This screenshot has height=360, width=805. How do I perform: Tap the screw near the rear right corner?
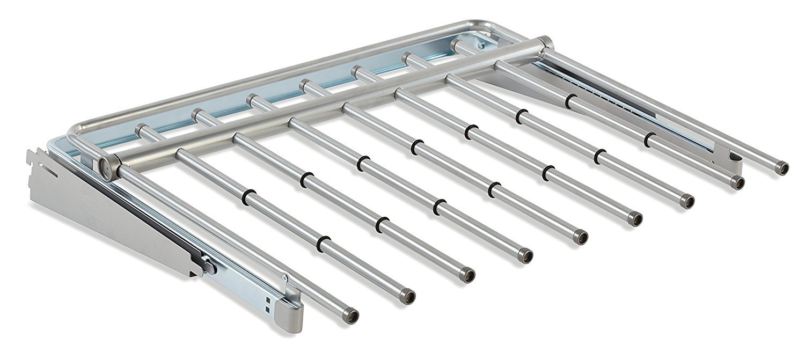pos(481,47)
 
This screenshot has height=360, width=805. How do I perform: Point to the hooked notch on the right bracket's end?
pos(735,157)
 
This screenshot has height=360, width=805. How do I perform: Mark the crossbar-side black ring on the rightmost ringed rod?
pos(571,100)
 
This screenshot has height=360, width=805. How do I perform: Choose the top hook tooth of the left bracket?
pos(30,156)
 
